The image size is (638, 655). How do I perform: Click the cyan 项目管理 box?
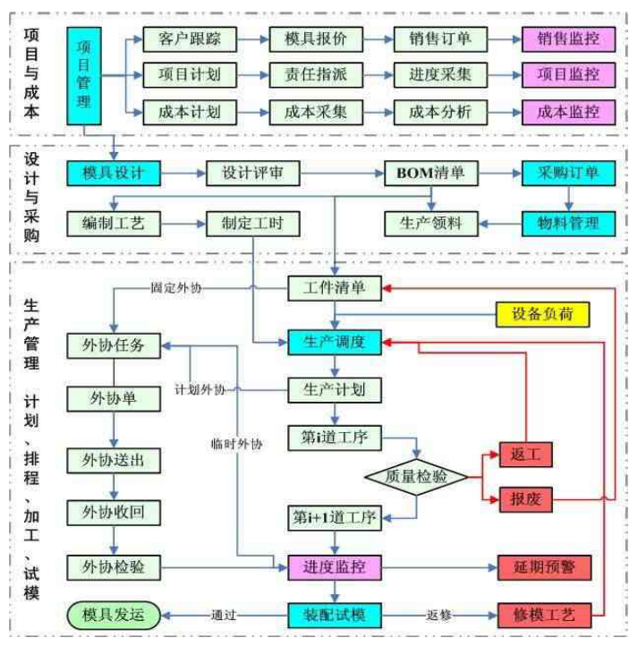(84, 75)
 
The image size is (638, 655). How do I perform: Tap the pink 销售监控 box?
(569, 40)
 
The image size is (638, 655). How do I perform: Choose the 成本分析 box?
(439, 112)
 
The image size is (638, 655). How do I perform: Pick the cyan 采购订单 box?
(568, 173)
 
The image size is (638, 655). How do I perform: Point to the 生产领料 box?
(430, 222)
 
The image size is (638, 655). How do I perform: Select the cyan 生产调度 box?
(335, 341)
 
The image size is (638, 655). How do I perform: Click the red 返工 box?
(525, 455)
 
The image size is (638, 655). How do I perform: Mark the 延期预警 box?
(544, 566)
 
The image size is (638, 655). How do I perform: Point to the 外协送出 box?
(113, 461)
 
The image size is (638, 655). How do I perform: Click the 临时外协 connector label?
(237, 444)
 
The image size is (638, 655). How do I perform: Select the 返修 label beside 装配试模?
(439, 616)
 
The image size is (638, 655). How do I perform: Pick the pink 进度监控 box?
(334, 566)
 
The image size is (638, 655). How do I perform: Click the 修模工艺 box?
(544, 616)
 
